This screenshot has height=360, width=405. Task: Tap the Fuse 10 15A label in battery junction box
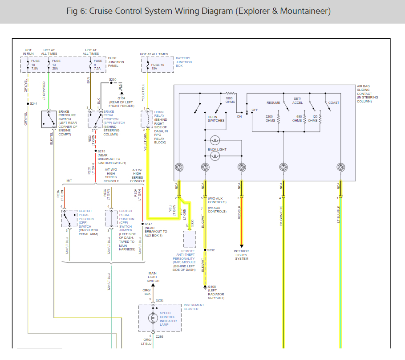(158, 66)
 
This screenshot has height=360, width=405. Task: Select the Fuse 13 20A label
(56, 65)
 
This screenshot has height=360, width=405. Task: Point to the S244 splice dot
(28, 104)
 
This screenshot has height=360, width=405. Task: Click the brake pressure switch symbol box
(49, 119)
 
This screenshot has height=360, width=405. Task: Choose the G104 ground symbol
(121, 94)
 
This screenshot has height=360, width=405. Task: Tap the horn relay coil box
(147, 119)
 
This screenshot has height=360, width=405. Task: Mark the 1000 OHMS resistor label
(230, 100)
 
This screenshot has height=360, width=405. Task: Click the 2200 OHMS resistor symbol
(279, 119)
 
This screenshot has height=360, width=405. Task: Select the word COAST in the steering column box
(334, 102)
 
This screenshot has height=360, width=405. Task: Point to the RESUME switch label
(273, 102)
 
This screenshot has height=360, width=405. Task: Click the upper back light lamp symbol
(215, 140)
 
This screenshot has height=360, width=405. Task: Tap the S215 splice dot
(96, 151)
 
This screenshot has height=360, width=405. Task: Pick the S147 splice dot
(142, 224)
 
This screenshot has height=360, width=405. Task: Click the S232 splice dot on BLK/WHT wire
(205, 250)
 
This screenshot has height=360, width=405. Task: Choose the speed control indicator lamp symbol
(153, 318)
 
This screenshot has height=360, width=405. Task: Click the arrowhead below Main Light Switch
(153, 285)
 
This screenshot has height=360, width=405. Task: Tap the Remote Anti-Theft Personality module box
(190, 240)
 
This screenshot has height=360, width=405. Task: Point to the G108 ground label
(212, 286)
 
